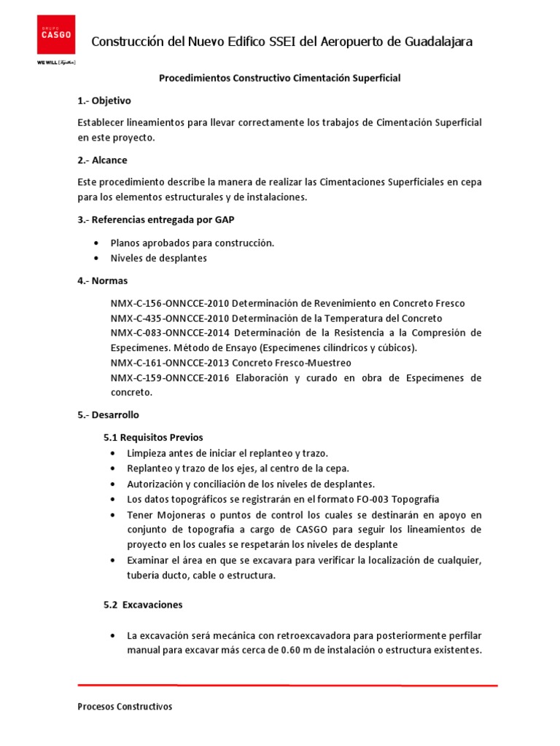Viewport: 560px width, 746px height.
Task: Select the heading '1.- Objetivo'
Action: point(104,101)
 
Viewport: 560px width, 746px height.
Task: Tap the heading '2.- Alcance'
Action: point(102,160)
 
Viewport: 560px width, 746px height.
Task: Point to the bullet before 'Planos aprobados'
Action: point(97,243)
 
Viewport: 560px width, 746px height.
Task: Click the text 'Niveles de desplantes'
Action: point(158,258)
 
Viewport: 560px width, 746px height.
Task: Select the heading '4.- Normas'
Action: point(102,280)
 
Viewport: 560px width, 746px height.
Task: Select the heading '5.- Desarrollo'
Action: point(108,415)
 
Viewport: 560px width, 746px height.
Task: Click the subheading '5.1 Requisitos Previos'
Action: point(152,437)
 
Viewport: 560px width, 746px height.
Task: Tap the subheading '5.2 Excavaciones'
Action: point(143,605)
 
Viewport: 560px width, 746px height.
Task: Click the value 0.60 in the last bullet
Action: point(294,651)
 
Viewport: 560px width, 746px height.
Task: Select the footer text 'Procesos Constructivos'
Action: point(125,707)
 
